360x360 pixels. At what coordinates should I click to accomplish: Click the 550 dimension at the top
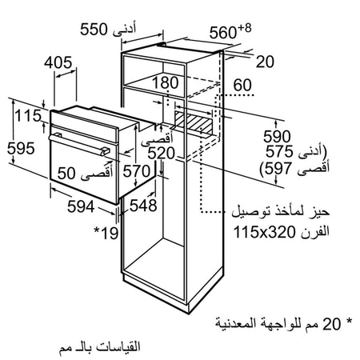click(94, 30)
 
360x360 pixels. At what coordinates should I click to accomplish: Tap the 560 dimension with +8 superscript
click(230, 31)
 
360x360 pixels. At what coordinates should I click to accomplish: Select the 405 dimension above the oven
click(58, 63)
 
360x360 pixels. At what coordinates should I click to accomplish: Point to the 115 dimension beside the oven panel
click(28, 116)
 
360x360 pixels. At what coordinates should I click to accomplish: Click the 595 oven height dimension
click(21, 148)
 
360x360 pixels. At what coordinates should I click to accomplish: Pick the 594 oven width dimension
click(81, 206)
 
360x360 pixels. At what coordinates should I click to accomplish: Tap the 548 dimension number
click(143, 206)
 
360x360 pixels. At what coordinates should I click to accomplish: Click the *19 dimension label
click(106, 233)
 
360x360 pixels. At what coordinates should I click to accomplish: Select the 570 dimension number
click(137, 171)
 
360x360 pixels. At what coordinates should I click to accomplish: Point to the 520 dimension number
click(162, 154)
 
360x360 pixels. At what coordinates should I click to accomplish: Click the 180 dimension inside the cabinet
click(166, 82)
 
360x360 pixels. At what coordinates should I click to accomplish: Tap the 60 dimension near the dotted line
click(242, 85)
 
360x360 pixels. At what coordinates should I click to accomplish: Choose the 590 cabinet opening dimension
click(277, 137)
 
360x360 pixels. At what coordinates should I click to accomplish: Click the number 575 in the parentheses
click(279, 151)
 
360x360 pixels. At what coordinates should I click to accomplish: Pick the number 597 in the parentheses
click(278, 169)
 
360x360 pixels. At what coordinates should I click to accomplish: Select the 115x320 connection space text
click(264, 232)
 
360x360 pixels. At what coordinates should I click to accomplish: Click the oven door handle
click(79, 144)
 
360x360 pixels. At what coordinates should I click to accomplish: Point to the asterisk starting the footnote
click(349, 321)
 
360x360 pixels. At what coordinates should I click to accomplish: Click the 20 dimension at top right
click(265, 62)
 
